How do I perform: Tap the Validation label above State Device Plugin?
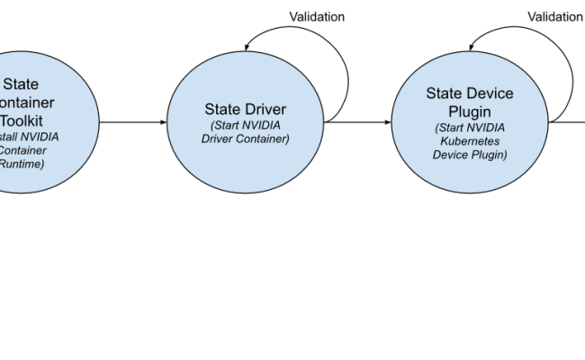(554, 16)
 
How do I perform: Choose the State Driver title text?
(246, 110)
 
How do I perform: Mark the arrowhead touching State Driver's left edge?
(164, 120)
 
